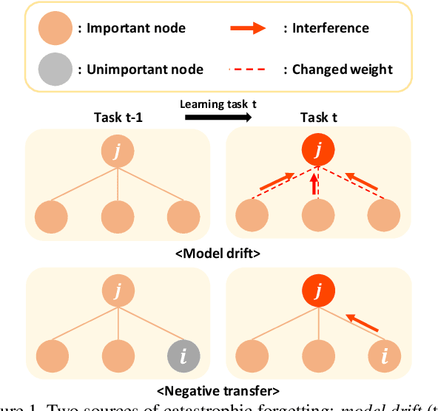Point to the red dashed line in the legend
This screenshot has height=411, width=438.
point(252,69)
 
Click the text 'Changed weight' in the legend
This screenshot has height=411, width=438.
point(343,69)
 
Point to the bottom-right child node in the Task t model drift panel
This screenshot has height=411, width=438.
point(384,217)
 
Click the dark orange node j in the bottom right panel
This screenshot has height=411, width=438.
point(317,292)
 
